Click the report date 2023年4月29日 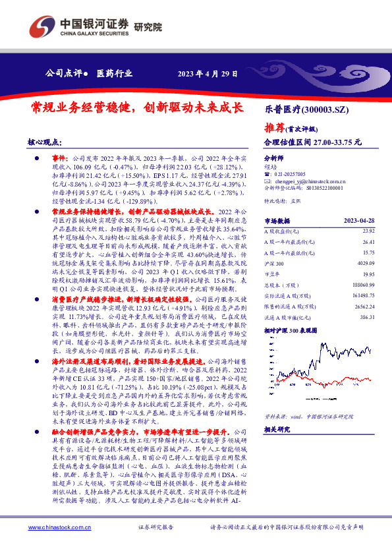pos(208,74)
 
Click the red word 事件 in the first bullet pos(59,159)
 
